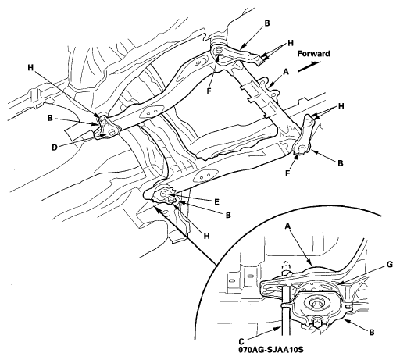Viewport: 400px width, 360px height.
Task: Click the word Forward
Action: pyautogui.click(x=313, y=54)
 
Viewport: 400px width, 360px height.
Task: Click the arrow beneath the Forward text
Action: pyautogui.click(x=309, y=66)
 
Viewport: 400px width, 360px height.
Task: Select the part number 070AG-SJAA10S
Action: pyautogui.click(x=271, y=349)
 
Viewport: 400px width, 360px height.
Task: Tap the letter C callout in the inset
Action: pyautogui.click(x=241, y=340)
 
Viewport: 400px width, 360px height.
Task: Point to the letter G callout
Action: pyautogui.click(x=390, y=265)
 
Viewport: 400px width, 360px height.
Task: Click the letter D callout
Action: pyautogui.click(x=54, y=148)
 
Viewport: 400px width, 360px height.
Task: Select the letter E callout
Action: pyautogui.click(x=217, y=201)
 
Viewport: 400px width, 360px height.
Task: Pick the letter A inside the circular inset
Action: pyautogui.click(x=287, y=226)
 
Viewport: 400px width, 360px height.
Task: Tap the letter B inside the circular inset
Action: pyautogui.click(x=372, y=332)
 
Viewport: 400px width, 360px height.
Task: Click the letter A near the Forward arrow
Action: pyautogui.click(x=286, y=72)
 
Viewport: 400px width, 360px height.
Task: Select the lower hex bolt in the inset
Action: pyautogui.click(x=316, y=323)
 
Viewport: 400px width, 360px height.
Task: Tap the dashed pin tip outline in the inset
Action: pyautogui.click(x=286, y=265)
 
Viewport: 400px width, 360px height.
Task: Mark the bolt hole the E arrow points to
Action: pyautogui.click(x=164, y=194)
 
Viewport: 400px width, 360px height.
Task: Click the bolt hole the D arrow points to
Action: pyautogui.click(x=112, y=132)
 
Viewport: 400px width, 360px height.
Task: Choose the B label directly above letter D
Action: pyautogui.click(x=50, y=118)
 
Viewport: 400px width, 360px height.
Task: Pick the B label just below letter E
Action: pyautogui.click(x=228, y=216)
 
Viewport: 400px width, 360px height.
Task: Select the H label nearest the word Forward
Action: pyautogui.click(x=291, y=43)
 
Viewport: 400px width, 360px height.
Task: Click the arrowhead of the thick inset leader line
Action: pyautogui.click(x=155, y=208)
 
